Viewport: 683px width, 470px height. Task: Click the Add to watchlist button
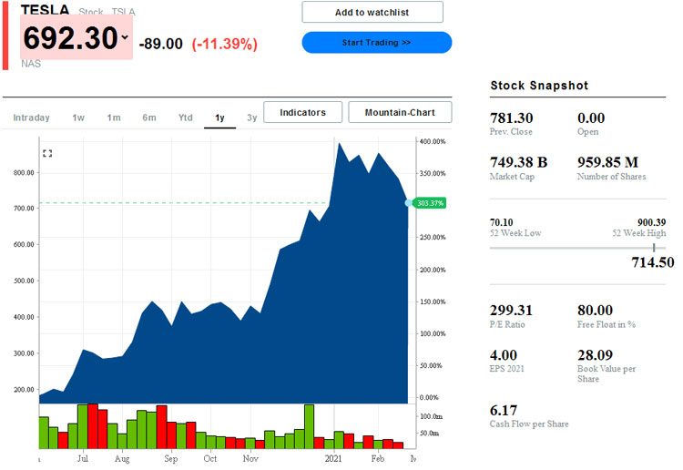coord(372,12)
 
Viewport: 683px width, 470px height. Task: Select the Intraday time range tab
coord(31,117)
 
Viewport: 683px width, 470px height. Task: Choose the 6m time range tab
coord(148,117)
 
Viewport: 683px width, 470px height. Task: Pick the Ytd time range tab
coord(185,117)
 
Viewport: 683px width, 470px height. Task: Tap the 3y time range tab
coord(251,117)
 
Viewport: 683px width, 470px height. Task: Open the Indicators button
coord(302,112)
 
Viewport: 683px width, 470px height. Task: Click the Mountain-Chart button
coord(400,112)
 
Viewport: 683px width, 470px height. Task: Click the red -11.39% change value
coord(224,44)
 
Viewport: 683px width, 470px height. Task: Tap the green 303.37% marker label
coord(429,203)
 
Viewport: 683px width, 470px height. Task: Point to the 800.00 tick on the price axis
coord(24,172)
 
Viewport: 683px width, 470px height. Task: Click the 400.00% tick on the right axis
coord(432,142)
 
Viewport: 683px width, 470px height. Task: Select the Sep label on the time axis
coord(171,459)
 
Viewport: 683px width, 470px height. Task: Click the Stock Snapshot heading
coord(539,86)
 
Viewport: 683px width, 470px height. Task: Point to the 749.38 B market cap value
coord(518,162)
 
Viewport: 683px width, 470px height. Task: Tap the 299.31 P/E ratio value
coord(511,310)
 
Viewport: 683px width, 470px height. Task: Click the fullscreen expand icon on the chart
coord(47,153)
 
